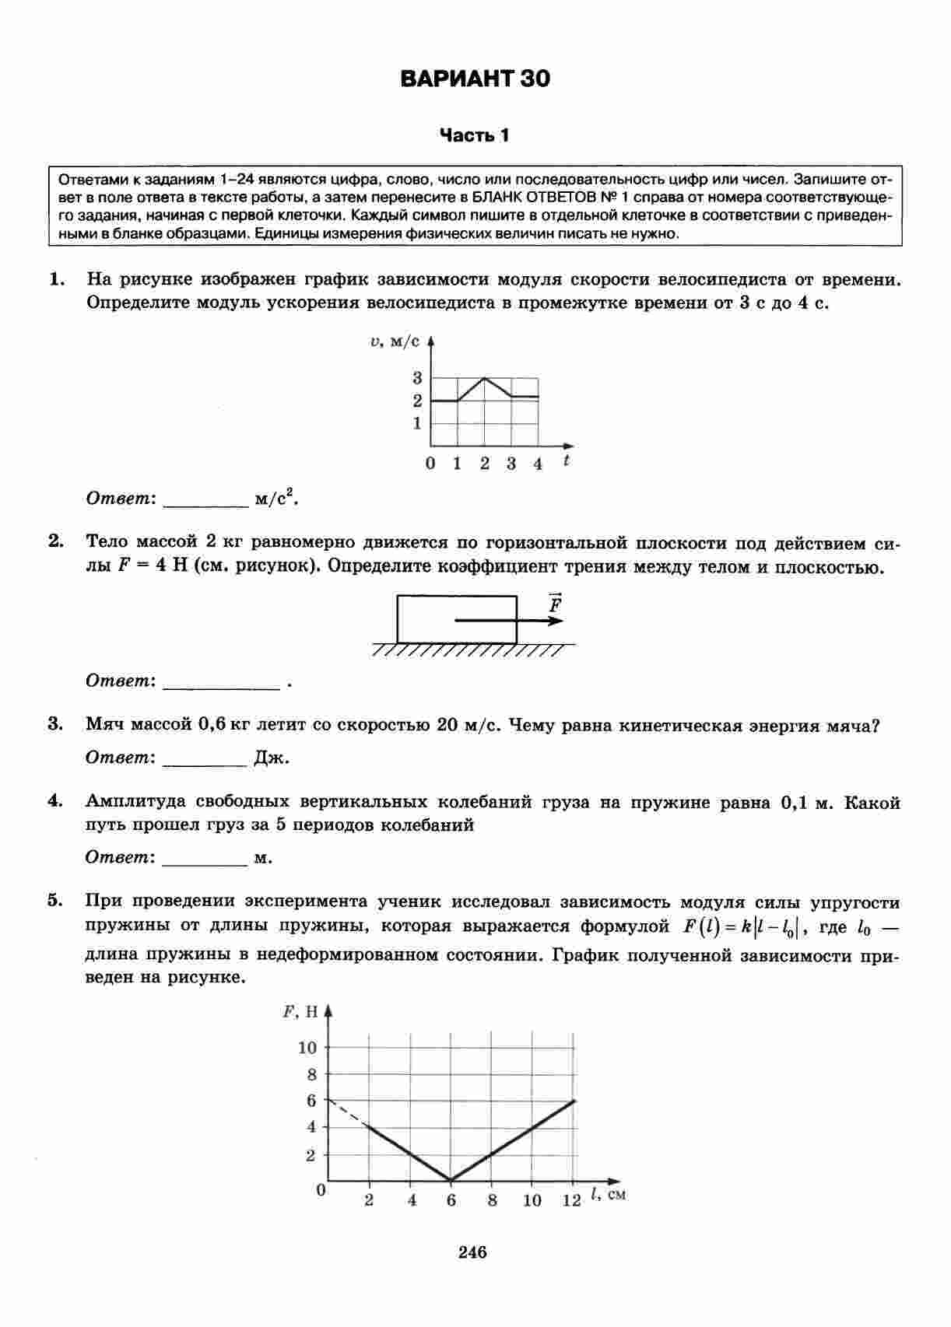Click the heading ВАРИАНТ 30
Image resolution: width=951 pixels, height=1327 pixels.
click(475, 79)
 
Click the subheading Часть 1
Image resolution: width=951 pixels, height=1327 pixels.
click(475, 135)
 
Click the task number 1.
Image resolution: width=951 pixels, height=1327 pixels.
click(55, 279)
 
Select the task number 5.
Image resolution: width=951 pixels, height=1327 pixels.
click(54, 901)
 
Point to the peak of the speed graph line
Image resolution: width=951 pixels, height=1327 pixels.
click(484, 377)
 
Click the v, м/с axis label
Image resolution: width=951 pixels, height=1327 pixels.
click(395, 341)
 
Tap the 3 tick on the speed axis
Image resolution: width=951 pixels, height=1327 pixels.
click(418, 378)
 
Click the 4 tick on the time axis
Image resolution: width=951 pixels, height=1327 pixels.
click(538, 464)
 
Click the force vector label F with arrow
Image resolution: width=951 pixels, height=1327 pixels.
click(555, 604)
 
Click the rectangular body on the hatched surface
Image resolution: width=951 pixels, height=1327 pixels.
click(457, 619)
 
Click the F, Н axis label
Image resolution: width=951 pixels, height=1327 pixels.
click(300, 1012)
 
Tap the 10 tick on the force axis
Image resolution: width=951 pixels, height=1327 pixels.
click(308, 1048)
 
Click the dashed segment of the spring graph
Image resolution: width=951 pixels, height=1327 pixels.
click(347, 1112)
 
